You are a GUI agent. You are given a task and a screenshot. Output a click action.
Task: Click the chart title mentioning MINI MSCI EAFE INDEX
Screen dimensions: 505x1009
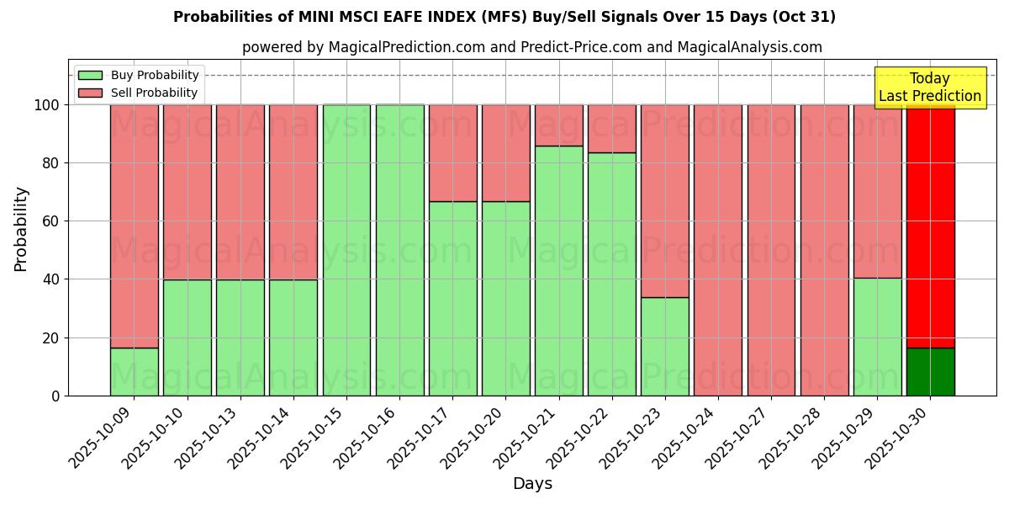click(504, 17)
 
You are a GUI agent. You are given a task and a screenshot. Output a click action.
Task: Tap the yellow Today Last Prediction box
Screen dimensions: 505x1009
click(929, 88)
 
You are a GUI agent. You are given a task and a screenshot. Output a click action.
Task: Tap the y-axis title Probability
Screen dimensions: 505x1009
click(21, 228)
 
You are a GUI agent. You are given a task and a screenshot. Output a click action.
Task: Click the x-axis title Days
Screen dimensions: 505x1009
click(532, 484)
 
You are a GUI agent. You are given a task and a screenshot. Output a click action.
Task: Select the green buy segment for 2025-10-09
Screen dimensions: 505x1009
click(135, 371)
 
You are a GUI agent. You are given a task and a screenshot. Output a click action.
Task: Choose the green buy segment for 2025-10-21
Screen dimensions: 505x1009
click(558, 270)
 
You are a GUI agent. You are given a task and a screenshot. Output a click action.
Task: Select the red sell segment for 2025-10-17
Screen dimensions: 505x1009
click(452, 152)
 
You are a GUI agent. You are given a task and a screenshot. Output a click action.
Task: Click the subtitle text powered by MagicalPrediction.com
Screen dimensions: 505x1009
click(532, 47)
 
